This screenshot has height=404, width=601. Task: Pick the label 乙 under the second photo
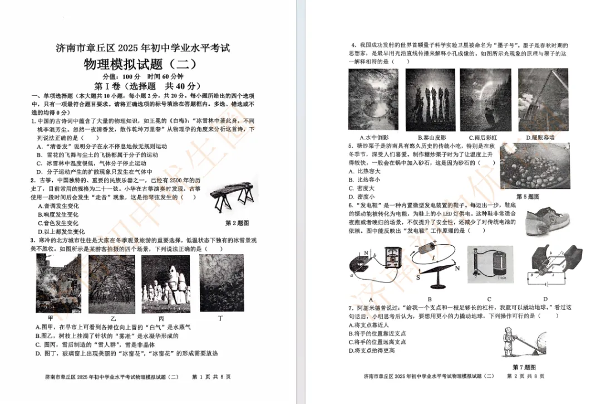tap(113, 318)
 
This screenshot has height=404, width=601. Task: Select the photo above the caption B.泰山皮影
tap(430, 99)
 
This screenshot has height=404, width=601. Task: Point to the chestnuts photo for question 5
tap(534, 167)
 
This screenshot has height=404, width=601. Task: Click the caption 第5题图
tap(528, 197)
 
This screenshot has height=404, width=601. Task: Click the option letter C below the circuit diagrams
tap(489, 299)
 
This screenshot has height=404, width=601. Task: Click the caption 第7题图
tap(524, 367)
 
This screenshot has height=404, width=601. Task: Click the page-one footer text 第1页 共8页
tap(211, 377)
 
